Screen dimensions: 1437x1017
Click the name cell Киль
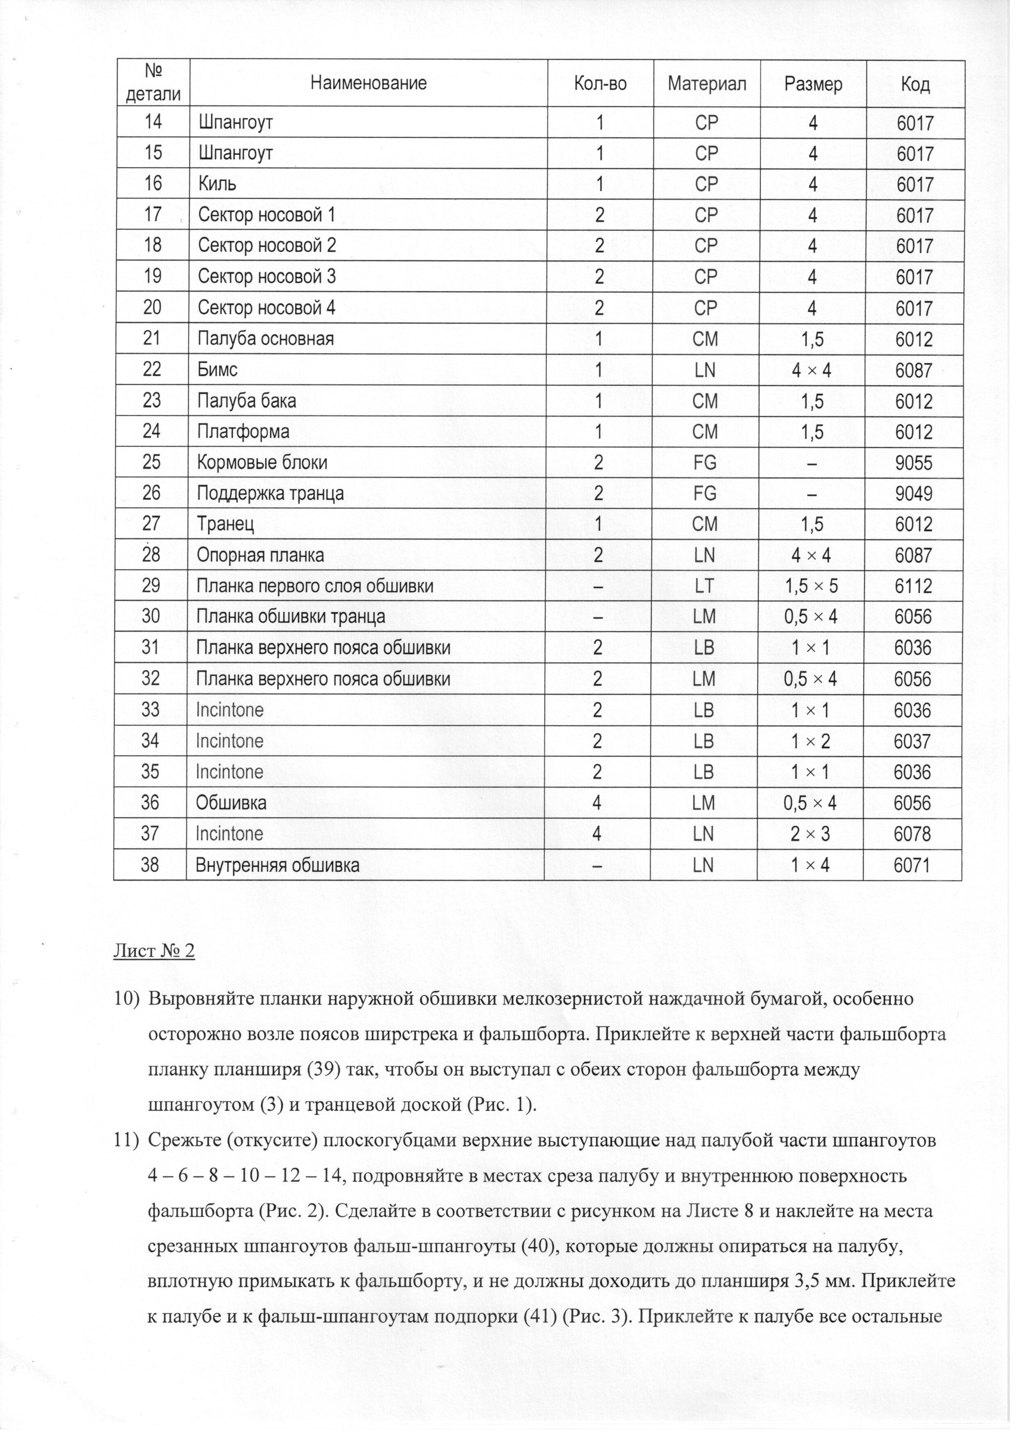(x=217, y=184)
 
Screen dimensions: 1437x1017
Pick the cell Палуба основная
(x=266, y=339)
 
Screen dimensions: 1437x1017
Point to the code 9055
(x=914, y=463)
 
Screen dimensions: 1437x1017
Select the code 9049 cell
(x=914, y=494)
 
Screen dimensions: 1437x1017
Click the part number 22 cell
(x=152, y=369)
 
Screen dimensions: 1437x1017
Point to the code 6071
(x=912, y=865)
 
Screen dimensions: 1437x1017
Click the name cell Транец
(x=225, y=525)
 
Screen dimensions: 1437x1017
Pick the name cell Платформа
(x=243, y=432)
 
